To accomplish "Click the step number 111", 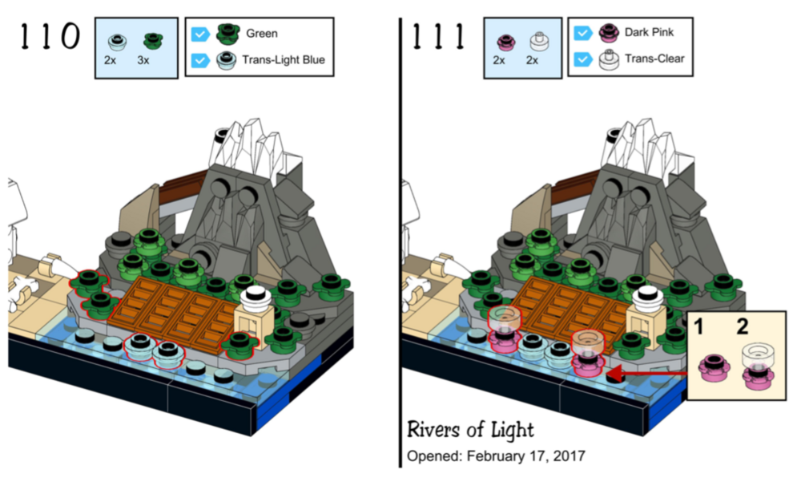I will pos(438,35).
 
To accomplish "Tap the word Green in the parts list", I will pos(262,34).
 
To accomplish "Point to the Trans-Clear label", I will pos(654,58).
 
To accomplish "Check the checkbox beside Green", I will pos(199,34).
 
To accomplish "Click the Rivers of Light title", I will pos(469,429).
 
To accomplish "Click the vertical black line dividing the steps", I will pos(400,241).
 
